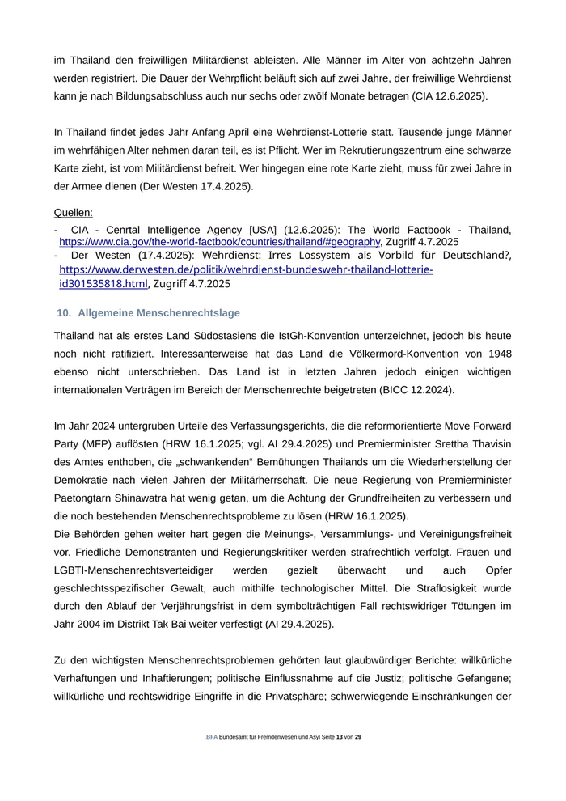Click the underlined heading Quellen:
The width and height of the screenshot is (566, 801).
pyautogui.click(x=73, y=213)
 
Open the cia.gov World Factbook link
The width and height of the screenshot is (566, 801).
pyautogui.click(x=219, y=242)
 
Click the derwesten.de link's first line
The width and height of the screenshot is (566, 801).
pyautogui.click(x=246, y=269)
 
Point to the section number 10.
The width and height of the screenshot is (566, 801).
pyautogui.click(x=64, y=312)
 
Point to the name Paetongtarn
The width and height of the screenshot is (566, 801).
pyautogui.click(x=87, y=498)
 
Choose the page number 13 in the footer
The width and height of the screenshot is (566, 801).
pyautogui.click(x=339, y=737)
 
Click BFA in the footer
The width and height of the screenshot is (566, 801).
pyautogui.click(x=212, y=737)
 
